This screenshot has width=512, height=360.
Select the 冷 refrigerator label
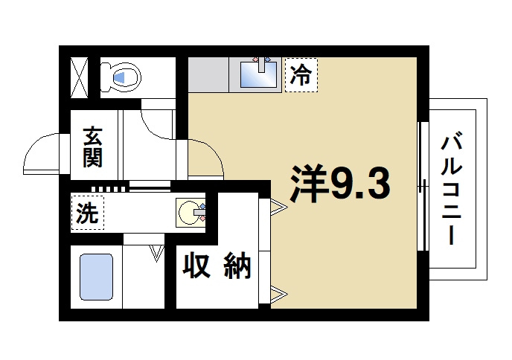coord(301,75)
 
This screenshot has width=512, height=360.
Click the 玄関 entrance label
coord(92,147)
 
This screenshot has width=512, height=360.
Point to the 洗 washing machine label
coord(88,213)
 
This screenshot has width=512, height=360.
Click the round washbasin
coord(189,213)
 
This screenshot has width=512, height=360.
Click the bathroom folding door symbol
coord(156,253)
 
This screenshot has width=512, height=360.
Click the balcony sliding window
coord(423,186)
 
